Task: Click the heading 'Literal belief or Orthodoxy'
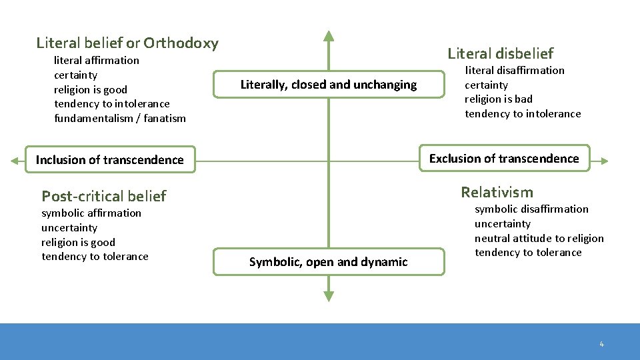127,44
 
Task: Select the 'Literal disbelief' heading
500,53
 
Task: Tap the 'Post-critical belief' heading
103,196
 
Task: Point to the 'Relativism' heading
497,193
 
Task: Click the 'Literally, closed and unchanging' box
328,85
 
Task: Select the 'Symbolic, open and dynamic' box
328,262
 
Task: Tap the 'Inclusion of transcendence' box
110,160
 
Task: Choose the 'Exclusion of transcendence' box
504,159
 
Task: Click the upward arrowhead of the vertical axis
328,36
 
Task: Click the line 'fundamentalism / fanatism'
120,119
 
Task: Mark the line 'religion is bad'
499,99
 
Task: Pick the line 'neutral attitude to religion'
539,238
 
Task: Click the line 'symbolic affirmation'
91,213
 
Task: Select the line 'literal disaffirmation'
514,71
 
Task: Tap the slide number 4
601,345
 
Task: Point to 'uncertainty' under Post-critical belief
69,228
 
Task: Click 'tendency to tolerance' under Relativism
528,253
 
